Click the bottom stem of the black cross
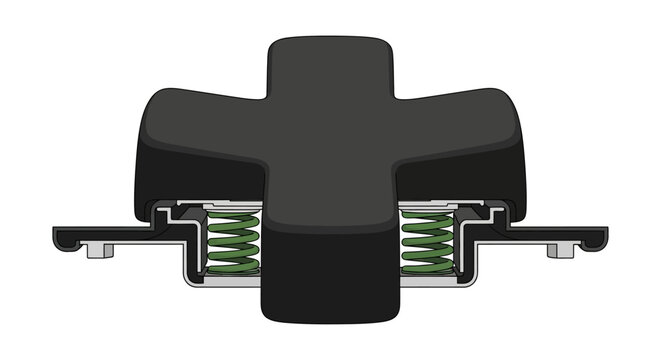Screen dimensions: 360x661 330,290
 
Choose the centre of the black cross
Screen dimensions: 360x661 330,150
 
